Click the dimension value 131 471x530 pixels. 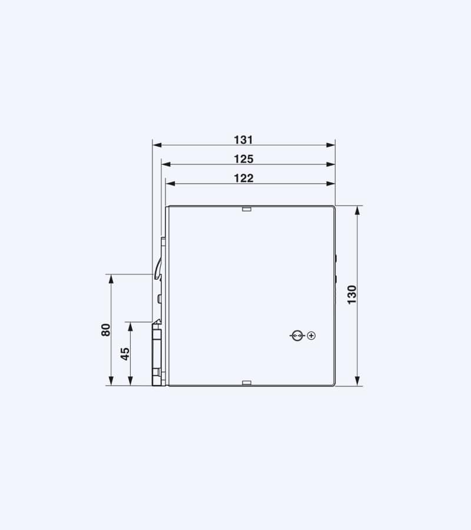pyautogui.click(x=243, y=140)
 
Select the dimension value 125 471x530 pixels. pyautogui.click(x=244, y=159)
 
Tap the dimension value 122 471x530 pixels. pyautogui.click(x=244, y=178)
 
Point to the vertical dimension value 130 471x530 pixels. pyautogui.click(x=351, y=295)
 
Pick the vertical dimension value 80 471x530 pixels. pyautogui.click(x=106, y=330)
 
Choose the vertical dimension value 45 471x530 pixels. pyautogui.click(x=125, y=354)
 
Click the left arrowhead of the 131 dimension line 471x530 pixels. pyautogui.click(x=157, y=145)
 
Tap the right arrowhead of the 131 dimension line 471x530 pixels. pyautogui.click(x=331, y=145)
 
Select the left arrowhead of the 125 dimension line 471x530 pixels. pyautogui.click(x=165, y=164)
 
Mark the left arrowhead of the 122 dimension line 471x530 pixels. pyautogui.click(x=170, y=184)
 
